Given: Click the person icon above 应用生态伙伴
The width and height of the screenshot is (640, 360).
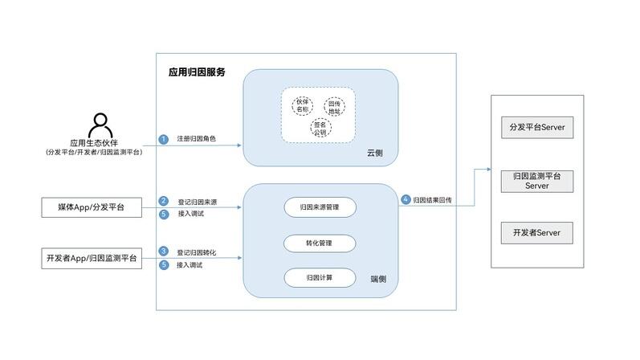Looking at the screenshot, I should (x=99, y=126).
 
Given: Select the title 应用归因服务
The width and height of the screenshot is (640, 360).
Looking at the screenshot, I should (x=197, y=72).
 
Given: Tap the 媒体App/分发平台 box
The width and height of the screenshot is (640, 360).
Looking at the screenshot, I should (x=91, y=208).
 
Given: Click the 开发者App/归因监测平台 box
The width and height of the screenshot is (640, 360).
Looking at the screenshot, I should (x=91, y=258).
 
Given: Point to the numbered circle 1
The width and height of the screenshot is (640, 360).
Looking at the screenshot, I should (x=163, y=139).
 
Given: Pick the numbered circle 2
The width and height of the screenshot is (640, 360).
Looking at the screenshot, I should (x=163, y=201).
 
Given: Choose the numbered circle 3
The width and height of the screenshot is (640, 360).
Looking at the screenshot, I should (x=163, y=252).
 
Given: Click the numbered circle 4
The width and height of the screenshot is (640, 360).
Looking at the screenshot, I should (x=406, y=199).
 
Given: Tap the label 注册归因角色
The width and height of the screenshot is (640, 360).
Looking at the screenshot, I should (x=197, y=139).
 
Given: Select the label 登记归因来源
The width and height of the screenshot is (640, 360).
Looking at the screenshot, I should (x=197, y=201).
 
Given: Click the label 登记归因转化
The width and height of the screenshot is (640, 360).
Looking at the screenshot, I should (x=197, y=252).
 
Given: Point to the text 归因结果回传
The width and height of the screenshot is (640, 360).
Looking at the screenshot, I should (x=438, y=199).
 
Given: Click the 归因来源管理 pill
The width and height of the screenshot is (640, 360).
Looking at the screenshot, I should (x=320, y=207).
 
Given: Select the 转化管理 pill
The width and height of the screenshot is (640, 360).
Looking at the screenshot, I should (x=320, y=242).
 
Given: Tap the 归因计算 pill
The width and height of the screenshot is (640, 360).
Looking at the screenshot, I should (x=320, y=277).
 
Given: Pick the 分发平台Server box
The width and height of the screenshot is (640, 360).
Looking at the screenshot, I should (x=536, y=128).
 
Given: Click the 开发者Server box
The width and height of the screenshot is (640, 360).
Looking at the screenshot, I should (x=536, y=233).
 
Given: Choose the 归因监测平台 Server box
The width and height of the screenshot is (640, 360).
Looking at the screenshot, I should (x=536, y=181).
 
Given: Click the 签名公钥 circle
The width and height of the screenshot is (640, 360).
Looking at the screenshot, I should (x=320, y=129).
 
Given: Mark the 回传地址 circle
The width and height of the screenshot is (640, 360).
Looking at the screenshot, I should (x=336, y=107).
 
